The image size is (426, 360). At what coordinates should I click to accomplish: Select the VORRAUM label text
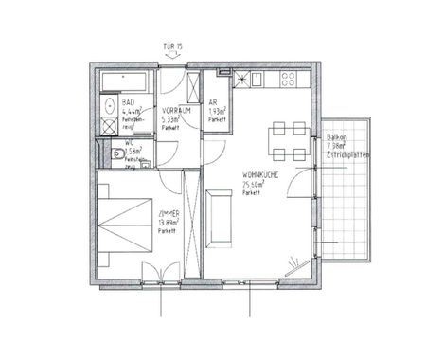click(x=176, y=111)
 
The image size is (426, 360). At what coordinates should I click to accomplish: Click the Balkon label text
click(x=335, y=136)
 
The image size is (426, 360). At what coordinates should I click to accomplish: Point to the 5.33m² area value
click(x=171, y=119)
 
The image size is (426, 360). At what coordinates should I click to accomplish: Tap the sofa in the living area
click(x=222, y=213)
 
